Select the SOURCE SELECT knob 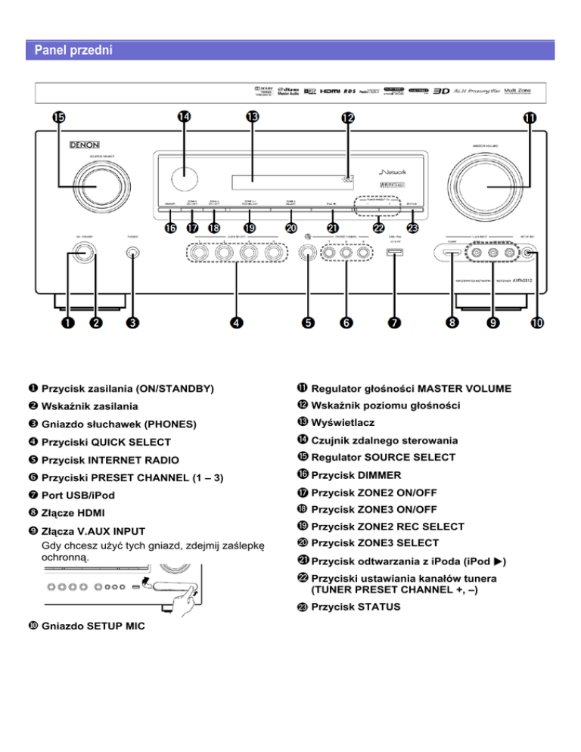85,188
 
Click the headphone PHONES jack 133,254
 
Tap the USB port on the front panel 392,255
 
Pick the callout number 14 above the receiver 184,117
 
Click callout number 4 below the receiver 237,322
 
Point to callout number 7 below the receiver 394,322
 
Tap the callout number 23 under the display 412,227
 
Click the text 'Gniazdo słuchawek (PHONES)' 119,423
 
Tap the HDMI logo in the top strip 331,92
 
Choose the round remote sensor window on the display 183,179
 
